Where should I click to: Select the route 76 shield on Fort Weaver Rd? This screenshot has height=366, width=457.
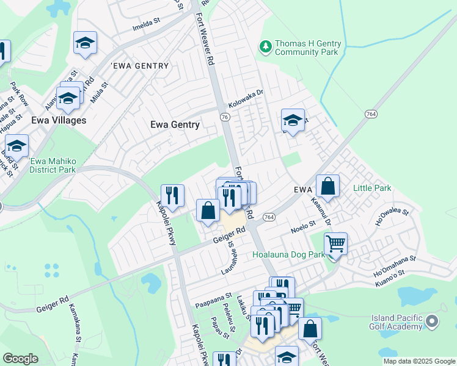(225, 117)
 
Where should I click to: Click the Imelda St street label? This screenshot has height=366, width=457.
(146, 27)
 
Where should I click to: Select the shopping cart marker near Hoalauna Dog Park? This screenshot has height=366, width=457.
(335, 244)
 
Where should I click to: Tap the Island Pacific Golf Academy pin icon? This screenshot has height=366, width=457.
(433, 321)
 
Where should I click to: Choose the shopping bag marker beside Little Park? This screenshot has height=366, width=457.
(327, 187)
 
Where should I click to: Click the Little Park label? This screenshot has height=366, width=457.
(372, 188)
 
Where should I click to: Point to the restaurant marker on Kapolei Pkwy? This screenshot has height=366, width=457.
(172, 196)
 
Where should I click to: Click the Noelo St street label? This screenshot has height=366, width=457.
(303, 230)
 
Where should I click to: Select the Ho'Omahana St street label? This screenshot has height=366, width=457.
(394, 269)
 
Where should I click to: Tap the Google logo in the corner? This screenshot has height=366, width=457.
(21, 359)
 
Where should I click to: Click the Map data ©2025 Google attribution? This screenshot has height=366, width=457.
(419, 361)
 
